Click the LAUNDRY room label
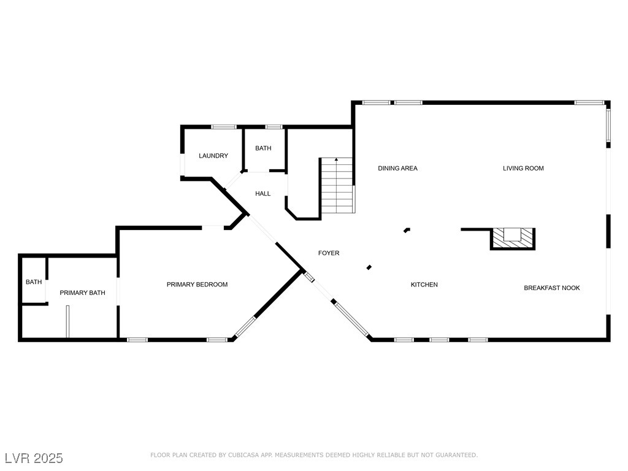click(213, 156)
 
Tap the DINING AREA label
click(397, 168)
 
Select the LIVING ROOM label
click(523, 168)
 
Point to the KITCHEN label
click(424, 285)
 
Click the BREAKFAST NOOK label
click(551, 288)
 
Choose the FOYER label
click(329, 253)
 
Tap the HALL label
click(263, 194)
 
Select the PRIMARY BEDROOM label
click(197, 285)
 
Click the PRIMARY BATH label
click(82, 293)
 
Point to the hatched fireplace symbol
click(513, 238)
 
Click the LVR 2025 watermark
click(34, 458)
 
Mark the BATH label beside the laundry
click(263, 148)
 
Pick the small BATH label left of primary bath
click(34, 282)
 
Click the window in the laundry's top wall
click(224, 127)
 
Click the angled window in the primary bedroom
click(245, 326)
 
